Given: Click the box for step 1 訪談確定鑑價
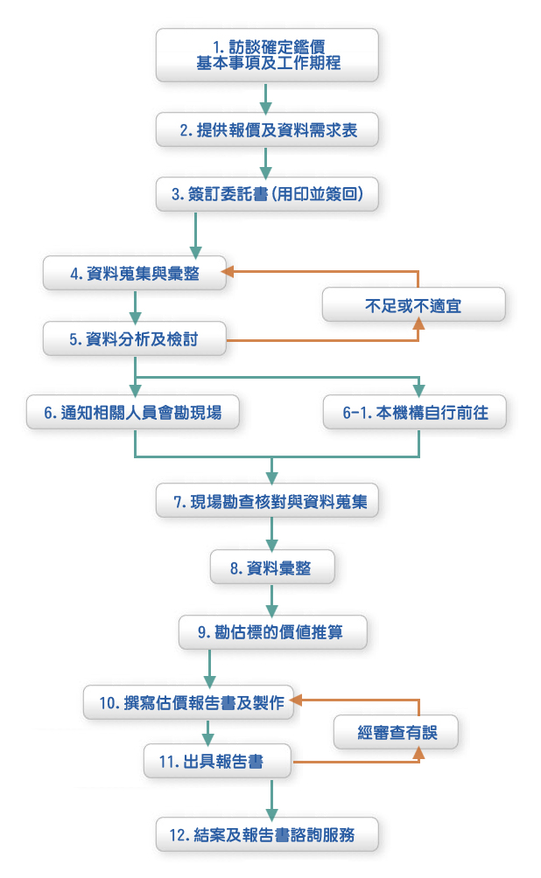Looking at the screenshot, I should tap(267, 54).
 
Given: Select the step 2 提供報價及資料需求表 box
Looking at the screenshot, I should tap(267, 130).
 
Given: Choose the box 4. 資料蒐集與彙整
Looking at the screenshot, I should tap(135, 274).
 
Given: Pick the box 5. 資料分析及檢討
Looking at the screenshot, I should tap(135, 339).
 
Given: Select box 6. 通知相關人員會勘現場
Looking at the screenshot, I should tap(133, 413).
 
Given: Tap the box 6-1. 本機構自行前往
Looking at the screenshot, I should tap(413, 413).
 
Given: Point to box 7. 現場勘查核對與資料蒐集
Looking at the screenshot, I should tap(267, 502).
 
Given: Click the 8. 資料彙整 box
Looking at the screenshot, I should tap(272, 568).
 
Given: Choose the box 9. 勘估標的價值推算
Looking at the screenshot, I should tap(272, 631).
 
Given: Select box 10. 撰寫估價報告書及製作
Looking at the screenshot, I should tap(191, 702).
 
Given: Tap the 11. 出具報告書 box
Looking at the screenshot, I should tap(217, 761).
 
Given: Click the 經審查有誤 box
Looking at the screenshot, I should tap(397, 733).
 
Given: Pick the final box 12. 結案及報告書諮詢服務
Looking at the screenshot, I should tap(269, 834).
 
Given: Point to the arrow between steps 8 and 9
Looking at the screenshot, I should tap(272, 600).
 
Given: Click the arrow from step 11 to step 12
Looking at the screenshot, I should tap(272, 798).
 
